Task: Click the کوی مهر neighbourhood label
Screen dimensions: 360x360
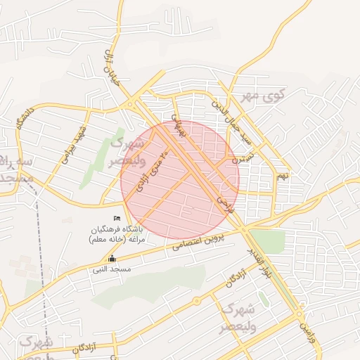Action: (x=260, y=95)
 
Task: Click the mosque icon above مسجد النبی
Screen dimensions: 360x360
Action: (x=112, y=259)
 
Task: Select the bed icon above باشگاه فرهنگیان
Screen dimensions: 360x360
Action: (x=117, y=220)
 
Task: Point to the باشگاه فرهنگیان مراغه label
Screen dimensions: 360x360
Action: (x=117, y=235)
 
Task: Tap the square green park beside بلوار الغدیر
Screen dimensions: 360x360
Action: (x=270, y=240)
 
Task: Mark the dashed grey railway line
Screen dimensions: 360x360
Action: (x=42, y=281)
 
